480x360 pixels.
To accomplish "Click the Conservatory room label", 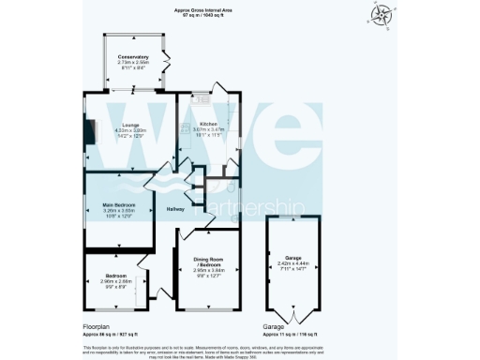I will tap(133, 57).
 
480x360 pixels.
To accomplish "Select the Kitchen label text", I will tap(207, 124).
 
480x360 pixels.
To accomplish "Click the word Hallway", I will tap(175, 208).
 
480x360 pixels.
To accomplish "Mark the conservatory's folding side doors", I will tap(167, 61).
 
